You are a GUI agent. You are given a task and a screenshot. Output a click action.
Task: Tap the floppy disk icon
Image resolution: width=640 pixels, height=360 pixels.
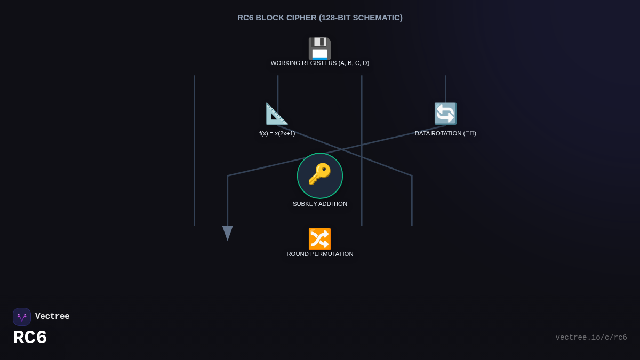coord(319,49)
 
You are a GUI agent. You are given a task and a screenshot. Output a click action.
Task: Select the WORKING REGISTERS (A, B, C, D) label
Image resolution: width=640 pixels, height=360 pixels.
coord(319,63)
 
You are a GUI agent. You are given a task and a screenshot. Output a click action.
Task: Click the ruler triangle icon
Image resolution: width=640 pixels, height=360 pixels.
coord(277,114)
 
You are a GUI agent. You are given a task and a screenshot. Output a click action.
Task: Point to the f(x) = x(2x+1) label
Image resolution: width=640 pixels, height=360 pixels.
coord(277,133)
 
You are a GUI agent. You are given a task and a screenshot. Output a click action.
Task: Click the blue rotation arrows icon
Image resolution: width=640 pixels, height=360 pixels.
coord(445,114)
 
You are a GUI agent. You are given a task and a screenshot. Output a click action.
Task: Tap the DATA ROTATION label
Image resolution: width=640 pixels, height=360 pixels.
coord(445,133)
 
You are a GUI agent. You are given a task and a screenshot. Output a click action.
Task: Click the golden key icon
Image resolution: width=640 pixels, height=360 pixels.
coord(319,174)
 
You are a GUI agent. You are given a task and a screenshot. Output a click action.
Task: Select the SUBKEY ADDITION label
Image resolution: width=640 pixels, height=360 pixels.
coord(319,204)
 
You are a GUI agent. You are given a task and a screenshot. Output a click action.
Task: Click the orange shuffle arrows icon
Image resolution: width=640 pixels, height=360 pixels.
coord(319,239)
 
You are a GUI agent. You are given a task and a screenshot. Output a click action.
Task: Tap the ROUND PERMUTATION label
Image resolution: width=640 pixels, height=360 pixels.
coord(319,254)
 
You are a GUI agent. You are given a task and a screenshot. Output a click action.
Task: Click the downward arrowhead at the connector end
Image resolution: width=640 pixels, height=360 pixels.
coord(228,233)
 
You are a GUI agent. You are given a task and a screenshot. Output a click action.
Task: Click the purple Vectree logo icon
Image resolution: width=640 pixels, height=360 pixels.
coord(22,317)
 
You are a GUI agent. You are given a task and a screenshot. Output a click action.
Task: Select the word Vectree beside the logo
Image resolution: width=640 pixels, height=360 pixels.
coord(52,317)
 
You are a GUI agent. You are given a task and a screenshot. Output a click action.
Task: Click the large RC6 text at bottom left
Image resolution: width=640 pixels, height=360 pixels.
coord(30,338)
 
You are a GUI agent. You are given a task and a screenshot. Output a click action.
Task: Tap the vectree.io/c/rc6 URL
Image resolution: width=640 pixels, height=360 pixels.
coord(591,338)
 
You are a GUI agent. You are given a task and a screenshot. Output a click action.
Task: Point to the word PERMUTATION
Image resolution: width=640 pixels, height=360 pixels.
coord(333,254)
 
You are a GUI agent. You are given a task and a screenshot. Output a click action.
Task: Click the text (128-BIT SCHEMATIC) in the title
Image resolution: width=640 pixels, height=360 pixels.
coord(361,18)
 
